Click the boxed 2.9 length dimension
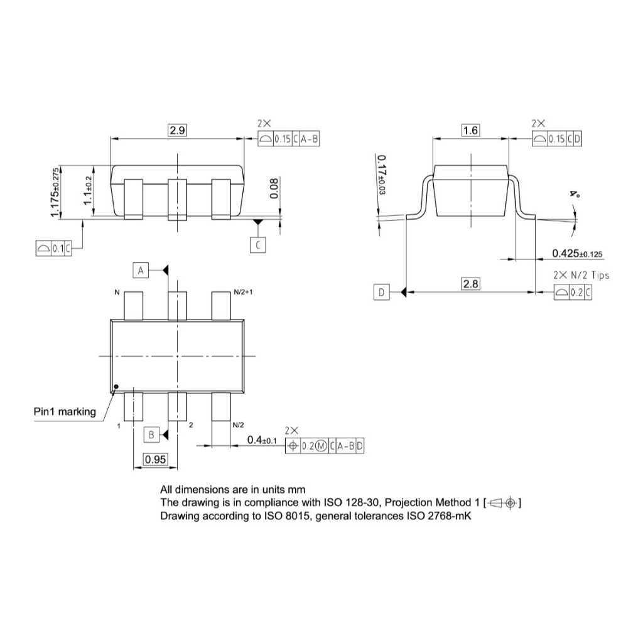[x=177, y=131]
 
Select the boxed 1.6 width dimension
[x=470, y=131]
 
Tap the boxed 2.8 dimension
[x=470, y=284]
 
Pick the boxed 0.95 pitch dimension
[x=156, y=459]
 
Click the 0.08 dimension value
[x=274, y=188]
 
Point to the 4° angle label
[x=575, y=193]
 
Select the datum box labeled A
[x=141, y=270]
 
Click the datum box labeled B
[x=151, y=435]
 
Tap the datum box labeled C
[x=258, y=246]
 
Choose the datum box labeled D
[x=381, y=293]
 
